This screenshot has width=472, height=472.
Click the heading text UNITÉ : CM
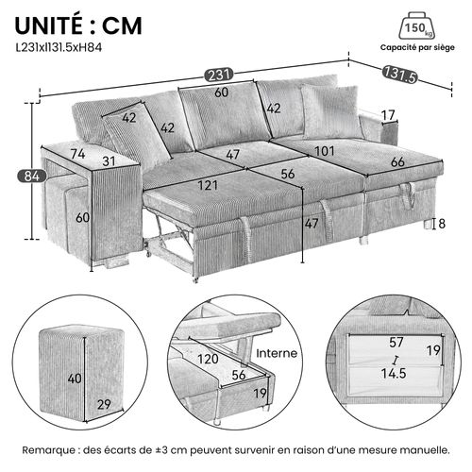point(79,24)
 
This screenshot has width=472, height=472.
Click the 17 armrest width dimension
point(387,115)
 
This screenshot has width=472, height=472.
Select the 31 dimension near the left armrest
point(110,161)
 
